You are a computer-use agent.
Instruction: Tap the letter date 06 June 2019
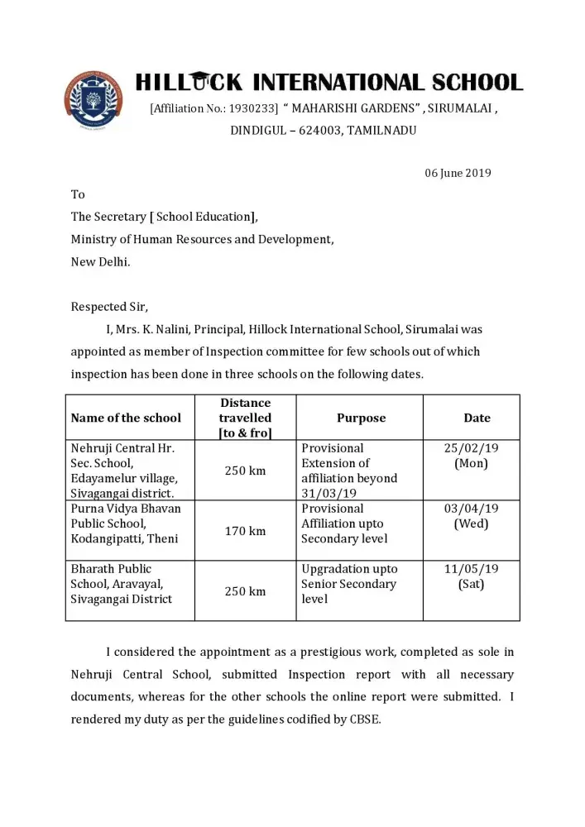pos(458,173)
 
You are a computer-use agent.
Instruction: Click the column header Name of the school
pos(126,418)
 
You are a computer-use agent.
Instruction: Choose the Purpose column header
pos(361,418)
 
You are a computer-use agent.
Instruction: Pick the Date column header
pos(477,418)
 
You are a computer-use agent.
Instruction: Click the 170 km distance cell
pos(246,531)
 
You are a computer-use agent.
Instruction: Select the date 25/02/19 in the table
pos(472,448)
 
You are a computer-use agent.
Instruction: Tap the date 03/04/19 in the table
pos(472,509)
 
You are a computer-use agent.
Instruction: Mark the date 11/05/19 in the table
pos(472,569)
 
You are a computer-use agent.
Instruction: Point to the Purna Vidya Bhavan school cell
pos(125,523)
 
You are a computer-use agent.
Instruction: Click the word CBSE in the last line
pos(363,719)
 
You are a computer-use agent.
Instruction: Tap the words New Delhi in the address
pos(100,261)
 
